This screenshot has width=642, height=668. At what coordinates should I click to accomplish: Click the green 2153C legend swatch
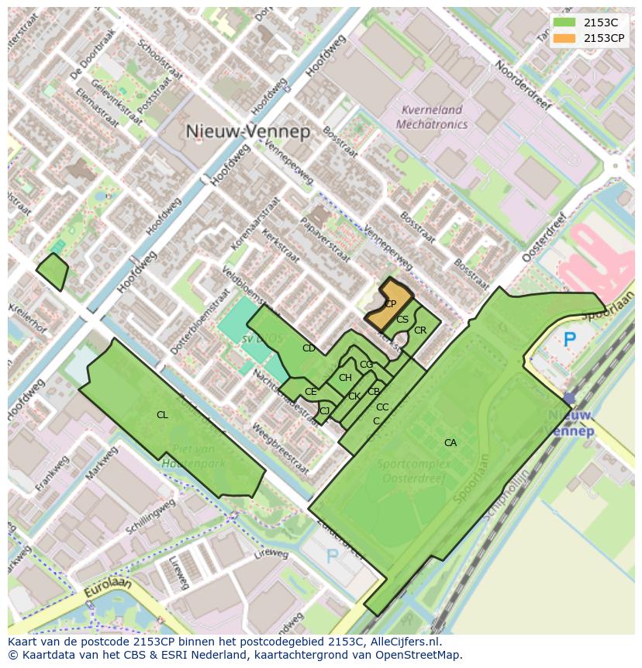coord(564,22)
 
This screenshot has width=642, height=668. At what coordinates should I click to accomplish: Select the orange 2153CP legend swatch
coord(564,38)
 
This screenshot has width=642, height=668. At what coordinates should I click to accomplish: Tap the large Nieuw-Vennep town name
coord(248,131)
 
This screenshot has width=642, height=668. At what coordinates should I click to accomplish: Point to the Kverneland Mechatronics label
coord(432,117)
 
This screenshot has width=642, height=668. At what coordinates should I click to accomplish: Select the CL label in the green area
coord(162,415)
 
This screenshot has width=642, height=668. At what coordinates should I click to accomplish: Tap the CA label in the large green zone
coord(450,443)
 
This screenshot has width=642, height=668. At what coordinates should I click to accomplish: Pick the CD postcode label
coord(309,348)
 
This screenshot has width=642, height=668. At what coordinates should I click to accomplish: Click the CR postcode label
coord(420,331)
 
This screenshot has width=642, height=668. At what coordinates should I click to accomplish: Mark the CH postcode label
coord(345,378)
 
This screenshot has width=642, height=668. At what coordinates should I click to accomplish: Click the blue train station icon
coord(570,398)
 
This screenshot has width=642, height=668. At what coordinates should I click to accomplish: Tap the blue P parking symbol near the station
coord(570,339)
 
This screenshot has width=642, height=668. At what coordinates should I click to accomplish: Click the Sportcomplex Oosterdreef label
coord(411,472)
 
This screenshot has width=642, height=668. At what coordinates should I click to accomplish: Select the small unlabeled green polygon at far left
coord(53,270)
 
